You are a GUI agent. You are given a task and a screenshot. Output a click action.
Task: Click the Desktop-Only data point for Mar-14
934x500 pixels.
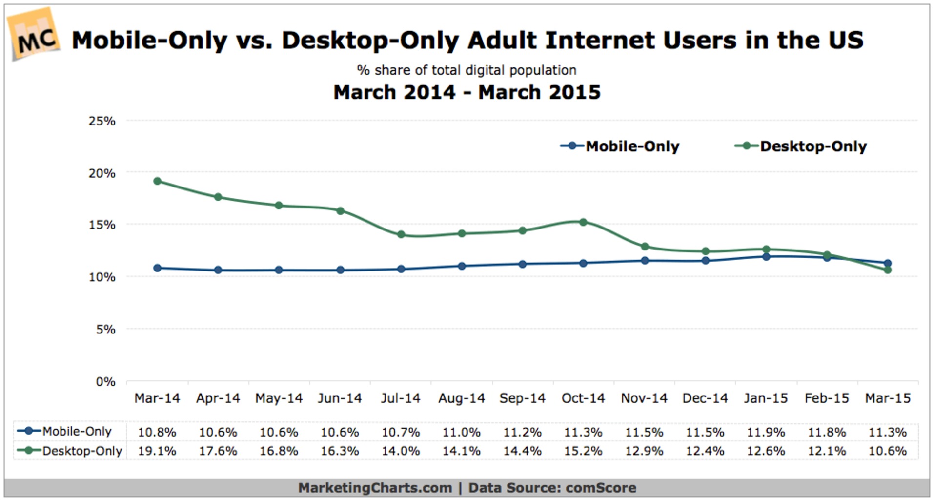pyautogui.click(x=157, y=181)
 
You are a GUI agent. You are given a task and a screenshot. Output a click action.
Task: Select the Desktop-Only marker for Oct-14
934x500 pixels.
pyautogui.click(x=583, y=222)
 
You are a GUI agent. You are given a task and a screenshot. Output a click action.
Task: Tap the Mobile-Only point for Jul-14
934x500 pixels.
pyautogui.click(x=401, y=269)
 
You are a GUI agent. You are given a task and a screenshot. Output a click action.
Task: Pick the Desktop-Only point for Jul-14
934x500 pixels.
pyautogui.click(x=401, y=234)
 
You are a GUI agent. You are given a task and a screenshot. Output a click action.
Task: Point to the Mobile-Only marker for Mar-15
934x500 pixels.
pyautogui.click(x=888, y=263)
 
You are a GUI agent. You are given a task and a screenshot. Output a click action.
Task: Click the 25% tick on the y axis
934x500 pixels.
pyautogui.click(x=102, y=121)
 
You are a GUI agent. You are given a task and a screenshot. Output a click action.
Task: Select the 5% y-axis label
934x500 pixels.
pyautogui.click(x=105, y=330)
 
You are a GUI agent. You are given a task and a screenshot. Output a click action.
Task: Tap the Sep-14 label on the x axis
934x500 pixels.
pyautogui.click(x=522, y=398)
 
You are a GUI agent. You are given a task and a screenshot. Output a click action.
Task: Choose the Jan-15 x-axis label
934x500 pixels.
pyautogui.click(x=766, y=398)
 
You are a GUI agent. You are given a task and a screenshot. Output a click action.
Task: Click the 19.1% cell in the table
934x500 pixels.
pyautogui.click(x=157, y=451)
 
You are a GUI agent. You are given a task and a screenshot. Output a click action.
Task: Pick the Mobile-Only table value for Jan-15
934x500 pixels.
pyautogui.click(x=766, y=432)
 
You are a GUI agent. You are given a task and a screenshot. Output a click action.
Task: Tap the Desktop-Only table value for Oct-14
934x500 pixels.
pyautogui.click(x=583, y=451)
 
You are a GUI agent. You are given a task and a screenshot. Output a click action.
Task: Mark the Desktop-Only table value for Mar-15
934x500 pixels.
pyautogui.click(x=888, y=451)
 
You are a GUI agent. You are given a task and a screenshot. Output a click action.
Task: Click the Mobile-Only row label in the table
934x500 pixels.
pyautogui.click(x=77, y=432)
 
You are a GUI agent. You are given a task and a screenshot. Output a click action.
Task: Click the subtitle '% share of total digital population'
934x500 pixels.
pyautogui.click(x=467, y=70)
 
